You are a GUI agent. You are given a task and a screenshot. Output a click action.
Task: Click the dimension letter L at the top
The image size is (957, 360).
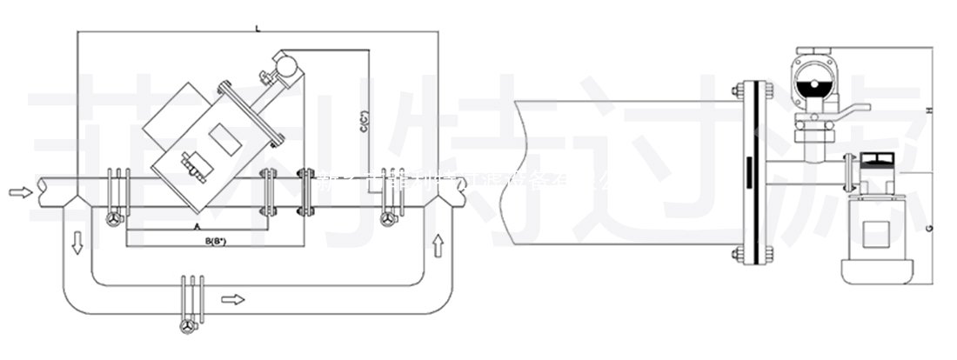point(258,29)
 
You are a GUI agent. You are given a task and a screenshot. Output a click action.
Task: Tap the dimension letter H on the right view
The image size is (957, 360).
point(929,110)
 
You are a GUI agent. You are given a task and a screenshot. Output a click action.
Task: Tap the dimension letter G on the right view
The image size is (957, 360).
point(929,228)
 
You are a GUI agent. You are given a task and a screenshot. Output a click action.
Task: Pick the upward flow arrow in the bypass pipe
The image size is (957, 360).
point(438,243)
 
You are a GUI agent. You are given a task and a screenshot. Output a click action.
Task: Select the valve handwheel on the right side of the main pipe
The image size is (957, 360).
point(390,220)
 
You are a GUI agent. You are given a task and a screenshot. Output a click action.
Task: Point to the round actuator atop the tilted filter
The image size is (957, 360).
point(284,63)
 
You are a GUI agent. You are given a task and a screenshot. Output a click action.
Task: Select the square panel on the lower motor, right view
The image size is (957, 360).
point(873,231)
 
